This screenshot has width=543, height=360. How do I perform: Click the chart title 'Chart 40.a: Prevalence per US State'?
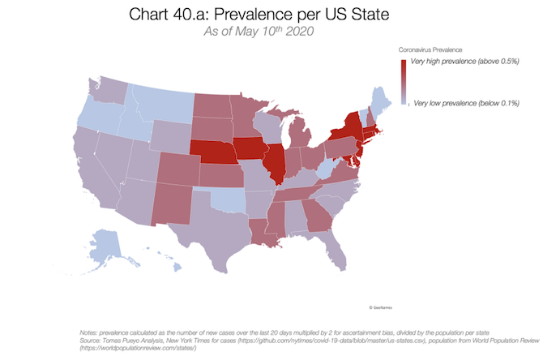click(271, 15)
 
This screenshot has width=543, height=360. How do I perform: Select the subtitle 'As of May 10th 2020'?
click(271, 33)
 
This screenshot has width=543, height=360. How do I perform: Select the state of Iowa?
click(251, 148)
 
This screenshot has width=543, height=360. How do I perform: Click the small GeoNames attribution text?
click(379, 308)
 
